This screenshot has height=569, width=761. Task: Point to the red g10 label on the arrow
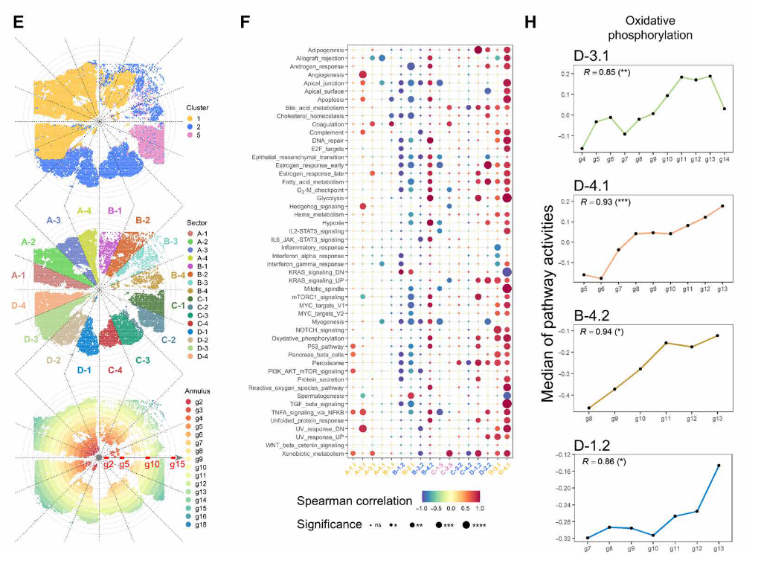[x=152, y=464]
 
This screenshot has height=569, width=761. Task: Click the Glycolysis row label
[x=330, y=197]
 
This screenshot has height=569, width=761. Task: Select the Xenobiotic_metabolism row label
[x=318, y=453]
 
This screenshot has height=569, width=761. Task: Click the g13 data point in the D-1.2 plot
[x=718, y=466]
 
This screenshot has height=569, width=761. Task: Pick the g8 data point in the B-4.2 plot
[x=589, y=408]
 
